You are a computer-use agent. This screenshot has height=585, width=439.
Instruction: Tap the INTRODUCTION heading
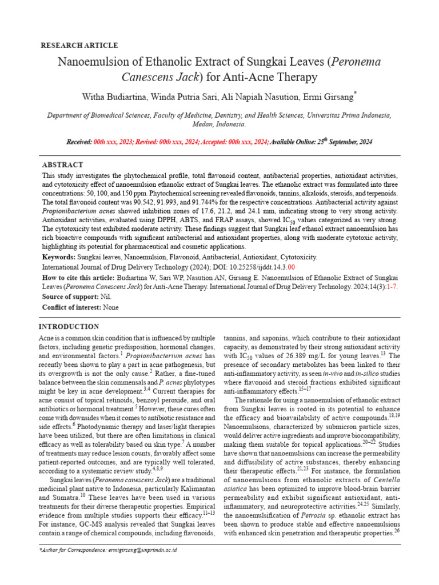coord(69,326)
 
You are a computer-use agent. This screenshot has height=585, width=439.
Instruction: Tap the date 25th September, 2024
coord(345,142)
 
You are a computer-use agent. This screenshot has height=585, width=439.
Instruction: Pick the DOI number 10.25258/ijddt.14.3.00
coord(261,267)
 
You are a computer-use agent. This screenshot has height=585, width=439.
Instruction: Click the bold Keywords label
coord(59,258)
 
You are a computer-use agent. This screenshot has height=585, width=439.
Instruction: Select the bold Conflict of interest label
coord(71,307)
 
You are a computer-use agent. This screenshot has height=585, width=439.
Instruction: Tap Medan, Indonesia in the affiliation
coord(219,123)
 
